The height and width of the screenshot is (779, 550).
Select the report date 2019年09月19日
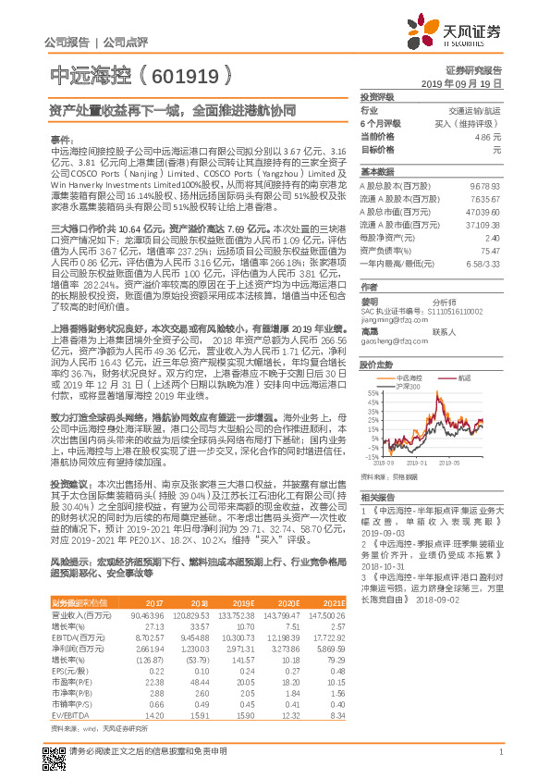[468, 82]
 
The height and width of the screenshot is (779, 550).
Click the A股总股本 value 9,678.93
[484, 185]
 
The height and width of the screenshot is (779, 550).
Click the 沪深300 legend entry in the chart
[408, 386]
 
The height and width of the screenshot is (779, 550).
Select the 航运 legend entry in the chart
[462, 377]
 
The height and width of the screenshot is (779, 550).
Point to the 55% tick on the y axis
[373, 393]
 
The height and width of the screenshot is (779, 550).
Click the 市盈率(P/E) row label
[66, 666]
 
